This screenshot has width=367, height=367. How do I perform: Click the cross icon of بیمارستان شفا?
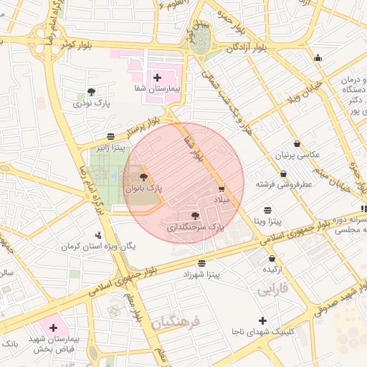(157, 77)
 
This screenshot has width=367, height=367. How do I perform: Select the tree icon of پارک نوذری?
(91, 92)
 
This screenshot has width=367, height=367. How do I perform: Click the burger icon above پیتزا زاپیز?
(110, 136)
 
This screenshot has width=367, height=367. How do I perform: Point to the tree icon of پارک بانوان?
(143, 177)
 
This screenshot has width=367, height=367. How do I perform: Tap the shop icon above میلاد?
(221, 189)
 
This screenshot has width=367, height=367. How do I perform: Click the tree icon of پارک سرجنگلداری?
(195, 215)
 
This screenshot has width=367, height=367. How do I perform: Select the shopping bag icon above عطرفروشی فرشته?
(284, 173)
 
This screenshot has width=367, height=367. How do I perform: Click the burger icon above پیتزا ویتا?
(267, 209)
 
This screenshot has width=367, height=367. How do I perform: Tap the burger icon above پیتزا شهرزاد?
(201, 263)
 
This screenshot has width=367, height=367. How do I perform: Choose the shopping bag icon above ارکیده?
(272, 258)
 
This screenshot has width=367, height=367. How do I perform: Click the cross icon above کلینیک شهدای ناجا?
(262, 320)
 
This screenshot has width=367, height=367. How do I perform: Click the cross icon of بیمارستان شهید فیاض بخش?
(52, 326)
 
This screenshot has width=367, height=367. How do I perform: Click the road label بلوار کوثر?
(78, 44)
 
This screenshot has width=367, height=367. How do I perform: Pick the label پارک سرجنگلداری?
(196, 227)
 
